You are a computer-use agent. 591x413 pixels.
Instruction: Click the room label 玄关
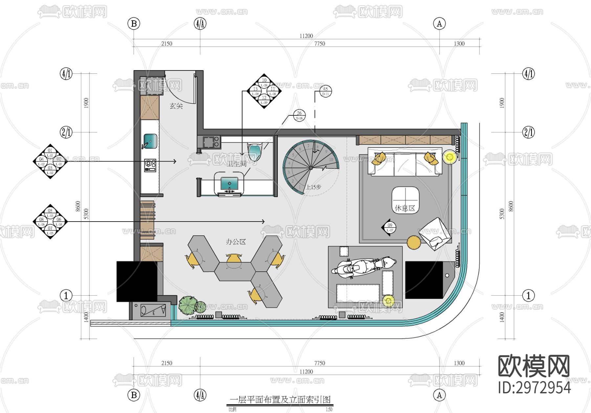(x=176, y=106)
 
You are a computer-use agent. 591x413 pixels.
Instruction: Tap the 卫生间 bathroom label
(x=236, y=164)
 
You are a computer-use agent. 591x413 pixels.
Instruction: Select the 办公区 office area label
(x=236, y=242)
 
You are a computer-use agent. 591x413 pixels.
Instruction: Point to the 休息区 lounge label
(x=405, y=208)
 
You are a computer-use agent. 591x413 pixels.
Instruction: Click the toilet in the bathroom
(x=255, y=151)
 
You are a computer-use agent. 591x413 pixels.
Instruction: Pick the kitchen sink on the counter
(x=150, y=141)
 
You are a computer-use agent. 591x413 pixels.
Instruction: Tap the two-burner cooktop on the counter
(x=150, y=165)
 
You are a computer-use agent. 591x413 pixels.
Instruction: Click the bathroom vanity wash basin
(x=230, y=184)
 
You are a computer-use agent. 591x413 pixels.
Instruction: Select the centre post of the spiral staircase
(x=311, y=168)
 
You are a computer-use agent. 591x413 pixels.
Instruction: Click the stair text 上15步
(x=313, y=187)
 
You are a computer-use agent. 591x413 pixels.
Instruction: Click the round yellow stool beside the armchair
(x=414, y=243)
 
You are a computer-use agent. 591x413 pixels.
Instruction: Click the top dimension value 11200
(x=306, y=36)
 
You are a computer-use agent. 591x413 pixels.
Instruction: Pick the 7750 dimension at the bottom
(x=319, y=363)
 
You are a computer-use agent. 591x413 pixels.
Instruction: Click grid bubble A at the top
(x=439, y=24)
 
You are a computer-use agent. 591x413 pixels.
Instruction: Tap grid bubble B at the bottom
(x=134, y=395)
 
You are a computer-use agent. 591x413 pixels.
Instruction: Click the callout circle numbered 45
(x=325, y=91)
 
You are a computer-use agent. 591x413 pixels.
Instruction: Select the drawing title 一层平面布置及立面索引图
(x=280, y=400)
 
